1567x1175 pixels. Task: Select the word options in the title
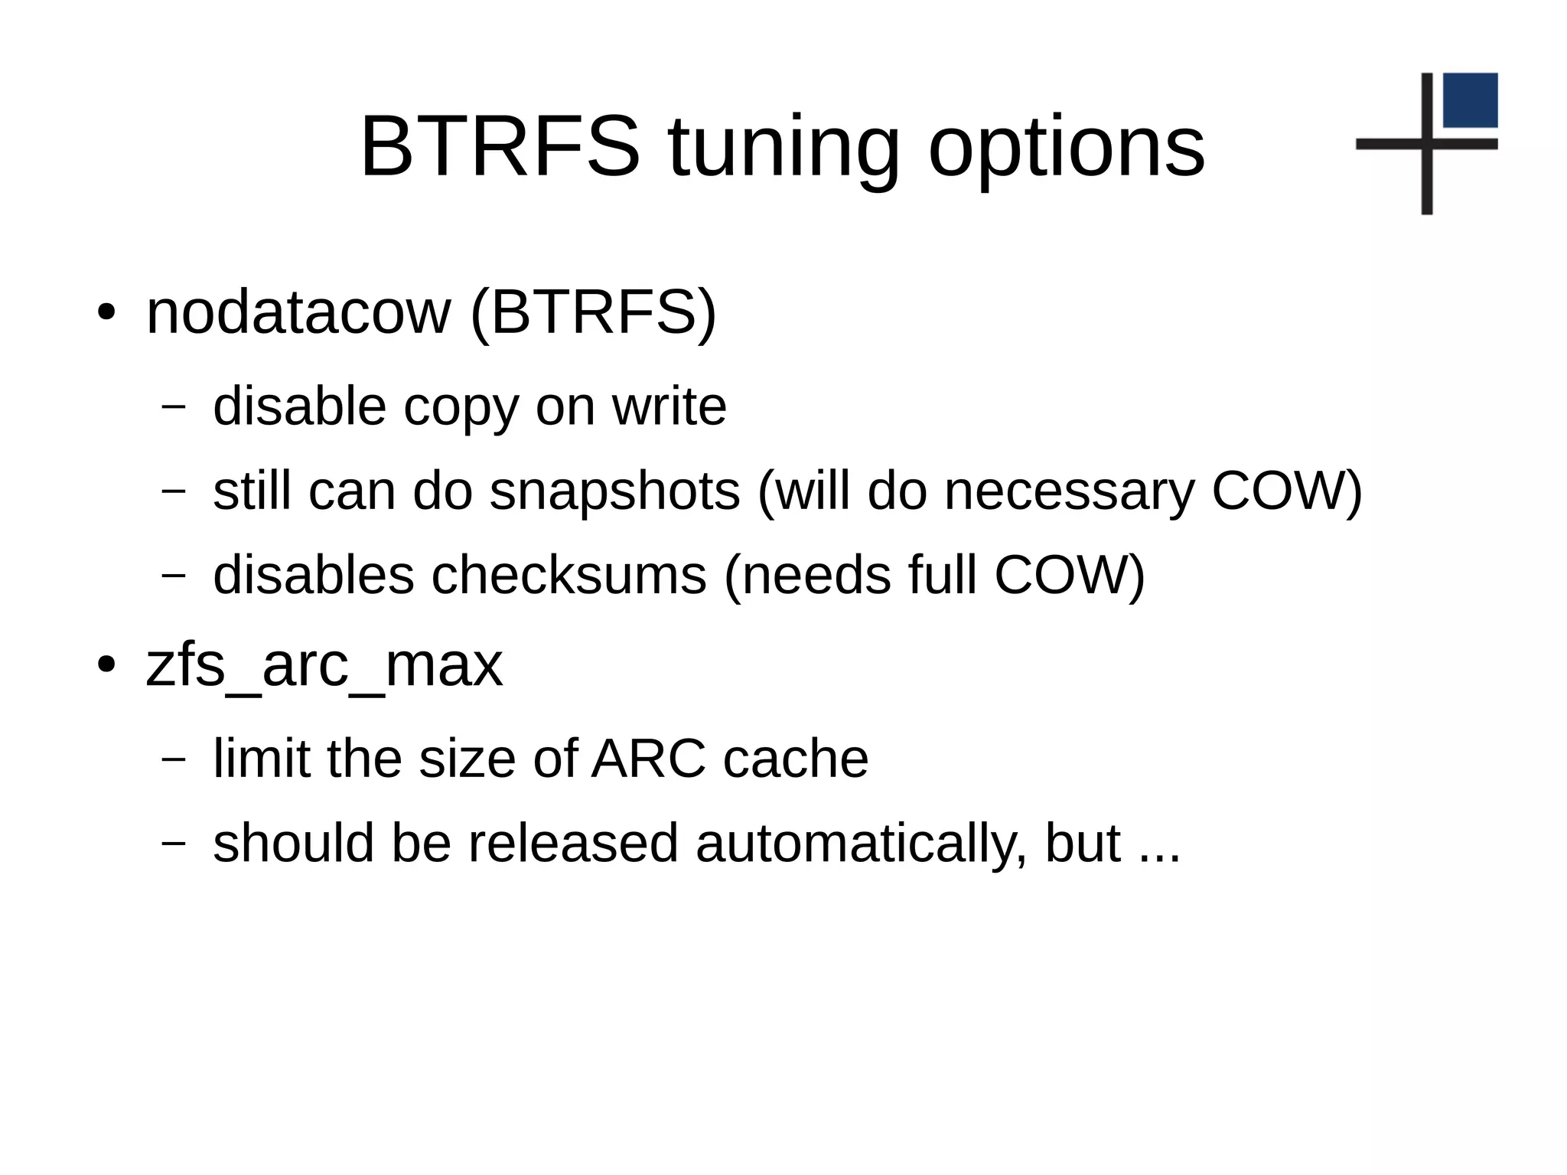point(1067,149)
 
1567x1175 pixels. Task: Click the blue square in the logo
point(1470,100)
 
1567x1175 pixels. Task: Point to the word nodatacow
point(298,312)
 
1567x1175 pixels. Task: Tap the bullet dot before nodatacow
point(106,313)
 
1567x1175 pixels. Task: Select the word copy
point(461,407)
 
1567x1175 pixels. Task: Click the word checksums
point(568,575)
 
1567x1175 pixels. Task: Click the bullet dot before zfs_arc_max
point(106,664)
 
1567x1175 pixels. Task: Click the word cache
point(795,759)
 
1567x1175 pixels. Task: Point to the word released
point(573,843)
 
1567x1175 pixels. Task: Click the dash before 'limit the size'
point(174,759)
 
